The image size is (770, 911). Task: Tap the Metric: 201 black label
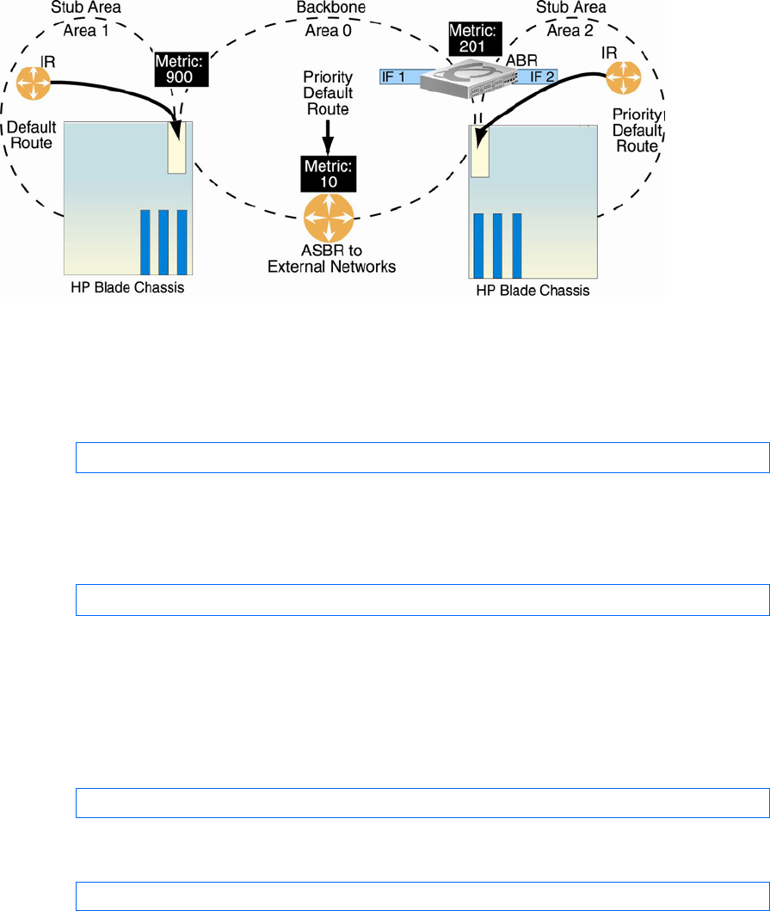[472, 39]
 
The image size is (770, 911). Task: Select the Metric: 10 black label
[328, 173]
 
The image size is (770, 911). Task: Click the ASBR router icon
[329, 219]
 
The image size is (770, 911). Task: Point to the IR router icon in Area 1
[34, 83]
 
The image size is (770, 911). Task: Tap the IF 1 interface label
[393, 77]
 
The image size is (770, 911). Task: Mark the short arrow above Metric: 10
[328, 138]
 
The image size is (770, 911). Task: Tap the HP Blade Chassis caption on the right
[533, 291]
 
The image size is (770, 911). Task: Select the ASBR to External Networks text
[331, 259]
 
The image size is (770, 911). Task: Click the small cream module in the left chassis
[177, 147]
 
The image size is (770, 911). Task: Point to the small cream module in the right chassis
[479, 153]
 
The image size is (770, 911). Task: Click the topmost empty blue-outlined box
[422, 458]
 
